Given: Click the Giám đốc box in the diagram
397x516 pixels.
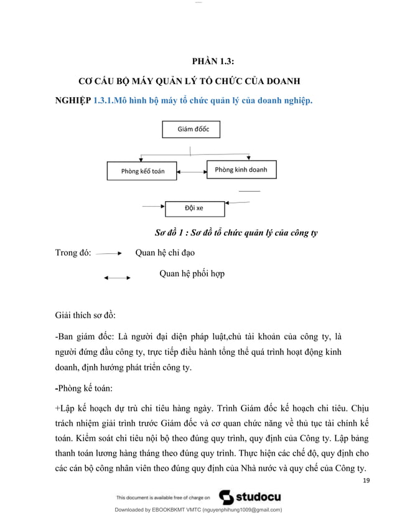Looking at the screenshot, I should [190, 129].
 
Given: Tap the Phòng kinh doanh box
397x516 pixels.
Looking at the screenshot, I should [241, 169].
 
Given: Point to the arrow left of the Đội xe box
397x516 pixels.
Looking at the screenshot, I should [153, 205].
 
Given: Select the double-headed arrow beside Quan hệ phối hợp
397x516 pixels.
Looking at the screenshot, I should [117, 278].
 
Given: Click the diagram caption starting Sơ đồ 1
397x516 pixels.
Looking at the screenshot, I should [236, 233].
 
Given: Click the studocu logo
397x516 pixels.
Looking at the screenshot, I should [250, 497].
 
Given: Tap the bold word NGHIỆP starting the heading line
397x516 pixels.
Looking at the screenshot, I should [73, 100].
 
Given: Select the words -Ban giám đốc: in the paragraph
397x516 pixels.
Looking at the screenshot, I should [84, 337].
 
